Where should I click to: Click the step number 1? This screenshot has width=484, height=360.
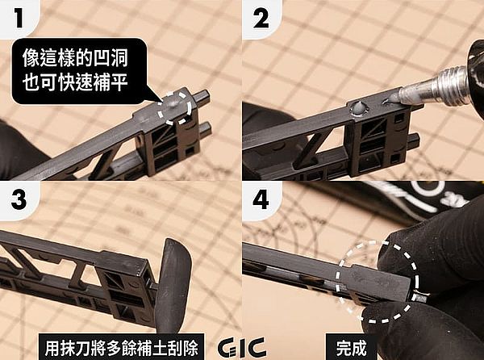[x=19, y=18]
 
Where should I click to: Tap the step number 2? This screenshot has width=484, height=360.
[x=261, y=18]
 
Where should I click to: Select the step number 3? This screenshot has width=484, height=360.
[x=19, y=199]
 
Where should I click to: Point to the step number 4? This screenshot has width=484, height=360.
[x=261, y=199]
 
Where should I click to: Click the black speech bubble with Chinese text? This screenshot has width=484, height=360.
[x=81, y=71]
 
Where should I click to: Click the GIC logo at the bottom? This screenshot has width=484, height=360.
[x=242, y=348]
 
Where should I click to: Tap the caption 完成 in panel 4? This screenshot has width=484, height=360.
[x=351, y=348]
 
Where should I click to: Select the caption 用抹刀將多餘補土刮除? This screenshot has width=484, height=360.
[x=121, y=348]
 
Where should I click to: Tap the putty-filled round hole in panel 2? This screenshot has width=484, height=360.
[x=358, y=108]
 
